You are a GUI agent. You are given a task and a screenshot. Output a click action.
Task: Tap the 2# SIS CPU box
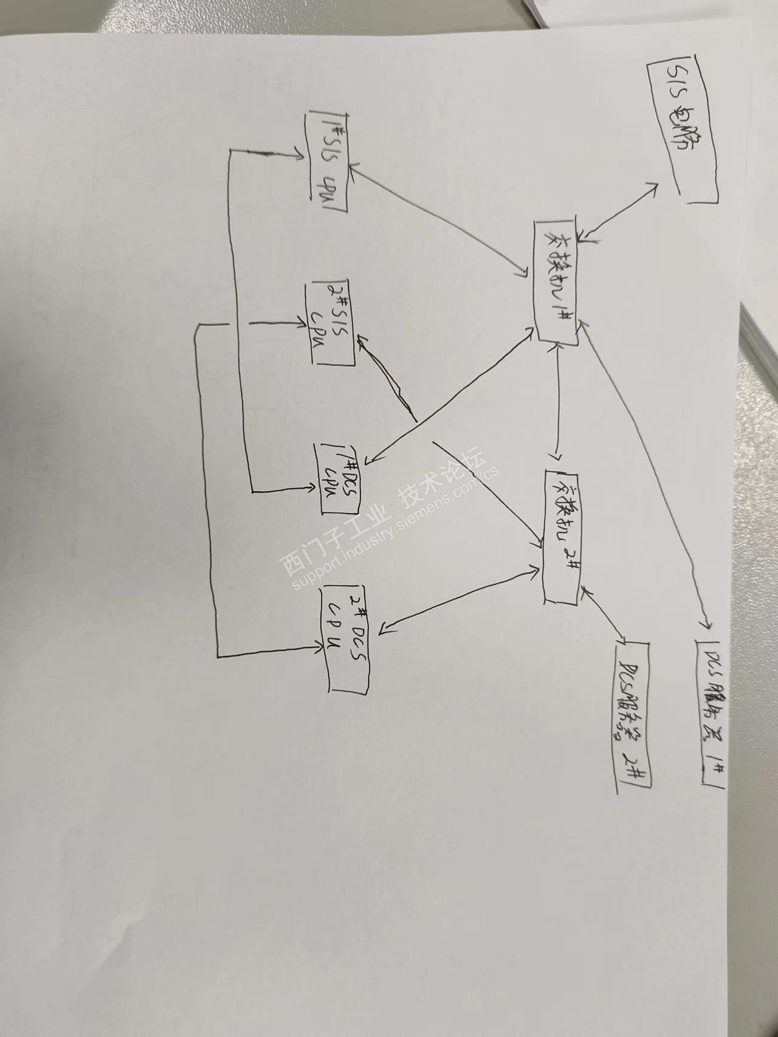[332, 322]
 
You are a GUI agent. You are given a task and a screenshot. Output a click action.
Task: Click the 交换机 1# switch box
[557, 283]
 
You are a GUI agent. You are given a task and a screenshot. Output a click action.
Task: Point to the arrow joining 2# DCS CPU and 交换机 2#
[459, 599]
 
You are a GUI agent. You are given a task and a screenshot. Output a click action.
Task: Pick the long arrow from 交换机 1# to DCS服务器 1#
[644, 474]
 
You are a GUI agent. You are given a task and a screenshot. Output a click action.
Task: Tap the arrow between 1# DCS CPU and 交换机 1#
[450, 398]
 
